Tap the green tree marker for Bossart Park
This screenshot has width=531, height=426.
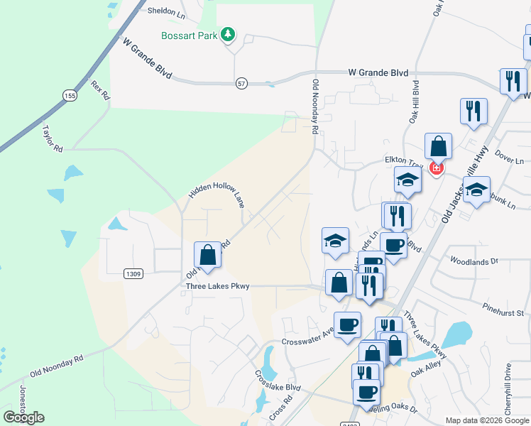tap(228, 34)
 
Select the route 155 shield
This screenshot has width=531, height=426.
tap(69, 95)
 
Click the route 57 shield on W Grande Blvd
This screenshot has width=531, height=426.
tap(243, 84)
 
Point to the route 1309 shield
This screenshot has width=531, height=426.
tap(132, 273)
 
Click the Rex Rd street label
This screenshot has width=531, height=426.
tap(101, 90)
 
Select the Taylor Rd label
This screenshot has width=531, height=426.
tap(53, 138)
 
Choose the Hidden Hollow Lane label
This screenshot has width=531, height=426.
tap(217, 192)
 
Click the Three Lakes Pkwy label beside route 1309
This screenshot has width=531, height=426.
tap(217, 287)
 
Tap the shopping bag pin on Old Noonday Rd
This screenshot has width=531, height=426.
tap(207, 254)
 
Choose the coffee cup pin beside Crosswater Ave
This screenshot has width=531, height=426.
tap(348, 325)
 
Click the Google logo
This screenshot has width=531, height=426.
tap(23, 417)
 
